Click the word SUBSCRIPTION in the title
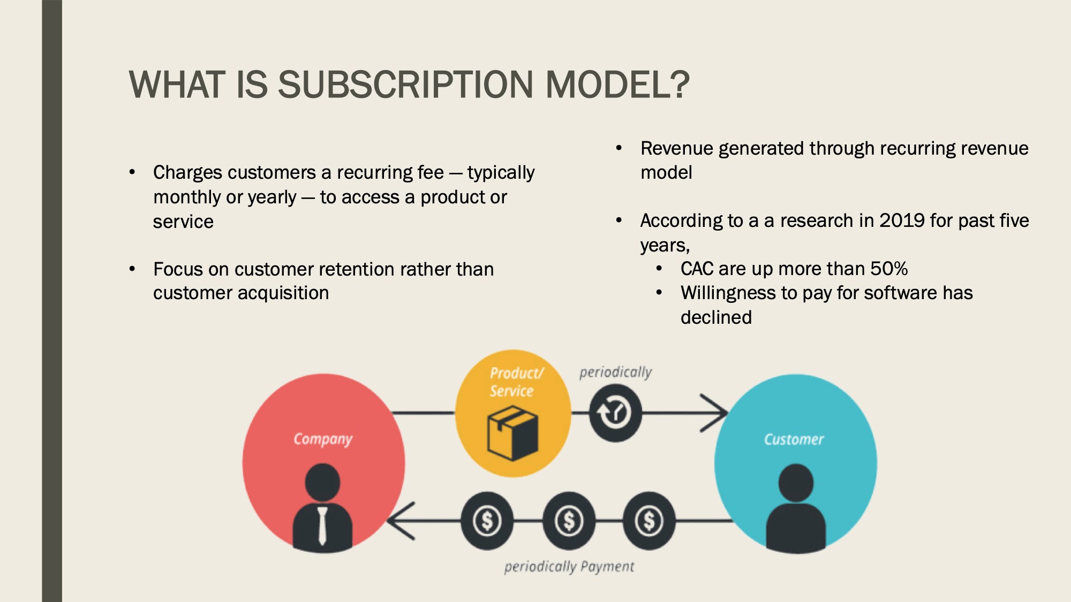tap(405, 85)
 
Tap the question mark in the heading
tap(678, 85)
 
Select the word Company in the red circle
tap(323, 439)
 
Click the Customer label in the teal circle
tap(794, 439)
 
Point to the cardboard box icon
tap(512, 433)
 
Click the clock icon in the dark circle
tap(615, 413)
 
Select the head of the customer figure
tap(796, 483)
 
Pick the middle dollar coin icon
tap(568, 521)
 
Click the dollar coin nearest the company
tap(487, 521)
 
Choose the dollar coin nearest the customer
tap(649, 521)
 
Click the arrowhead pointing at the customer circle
tap(715, 413)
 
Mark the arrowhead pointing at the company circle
tap(401, 521)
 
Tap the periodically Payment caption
tap(569, 567)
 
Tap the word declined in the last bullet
tap(716, 317)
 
